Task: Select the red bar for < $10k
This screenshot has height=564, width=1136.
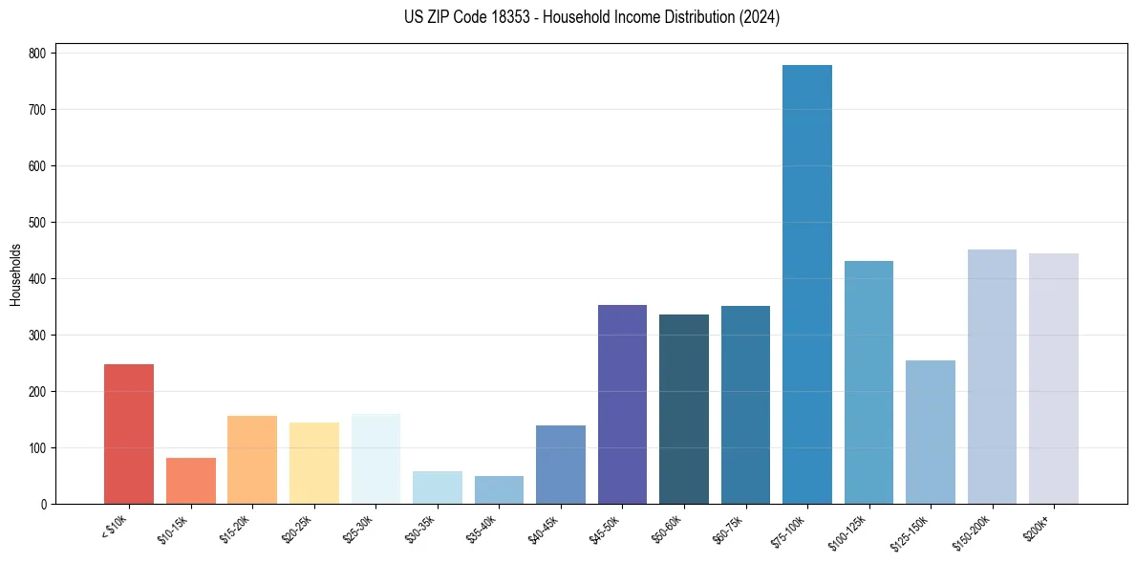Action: [x=129, y=434]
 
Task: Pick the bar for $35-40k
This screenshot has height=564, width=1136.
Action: [x=499, y=490]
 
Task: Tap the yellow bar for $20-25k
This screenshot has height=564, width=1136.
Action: [x=313, y=464]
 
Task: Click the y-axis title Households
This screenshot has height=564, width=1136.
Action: [x=15, y=274]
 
